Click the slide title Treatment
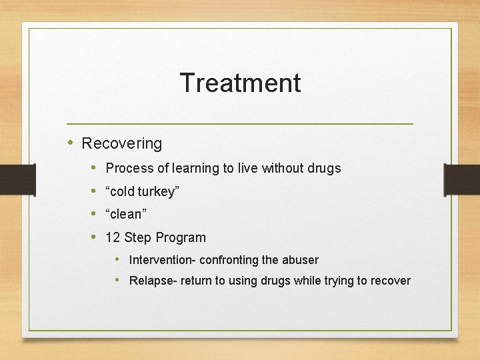(240, 83)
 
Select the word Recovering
(121, 143)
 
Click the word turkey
(157, 192)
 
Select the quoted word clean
(126, 215)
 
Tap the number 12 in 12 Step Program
(113, 237)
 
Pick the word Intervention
(160, 260)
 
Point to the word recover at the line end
(390, 281)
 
